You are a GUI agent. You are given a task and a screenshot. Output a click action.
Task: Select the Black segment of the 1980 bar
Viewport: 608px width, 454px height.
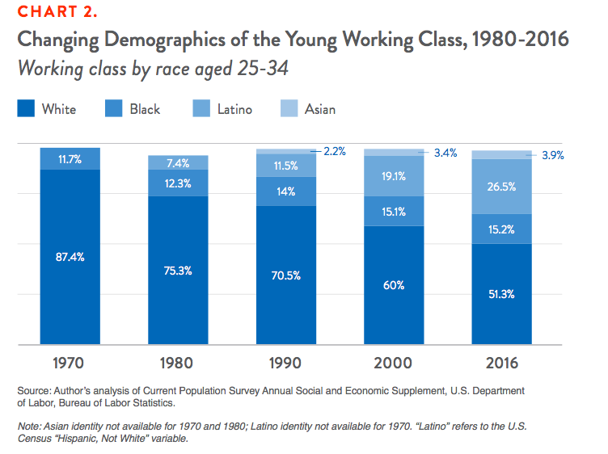(178, 183)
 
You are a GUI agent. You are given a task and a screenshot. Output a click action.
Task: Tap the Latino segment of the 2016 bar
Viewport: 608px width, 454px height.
(502, 187)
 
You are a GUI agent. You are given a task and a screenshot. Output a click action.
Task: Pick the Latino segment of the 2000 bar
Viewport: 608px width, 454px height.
(394, 177)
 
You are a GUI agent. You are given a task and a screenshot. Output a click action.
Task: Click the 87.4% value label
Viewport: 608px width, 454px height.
(70, 257)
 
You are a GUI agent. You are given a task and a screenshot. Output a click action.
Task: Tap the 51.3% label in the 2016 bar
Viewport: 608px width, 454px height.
(502, 292)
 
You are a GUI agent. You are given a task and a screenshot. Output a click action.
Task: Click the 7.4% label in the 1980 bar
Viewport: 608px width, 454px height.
(178, 163)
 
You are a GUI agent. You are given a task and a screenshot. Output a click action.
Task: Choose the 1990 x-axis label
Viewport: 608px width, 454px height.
(286, 362)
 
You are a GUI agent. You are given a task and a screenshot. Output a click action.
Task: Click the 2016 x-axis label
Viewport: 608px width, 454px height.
(502, 362)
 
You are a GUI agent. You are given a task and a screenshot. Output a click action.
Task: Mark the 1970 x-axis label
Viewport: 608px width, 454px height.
(70, 362)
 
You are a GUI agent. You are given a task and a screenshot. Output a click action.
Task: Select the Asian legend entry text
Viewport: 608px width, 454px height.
(319, 108)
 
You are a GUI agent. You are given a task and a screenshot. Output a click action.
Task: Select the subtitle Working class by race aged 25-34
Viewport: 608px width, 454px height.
(154, 69)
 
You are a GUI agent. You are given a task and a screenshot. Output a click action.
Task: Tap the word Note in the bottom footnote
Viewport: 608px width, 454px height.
(30, 426)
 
